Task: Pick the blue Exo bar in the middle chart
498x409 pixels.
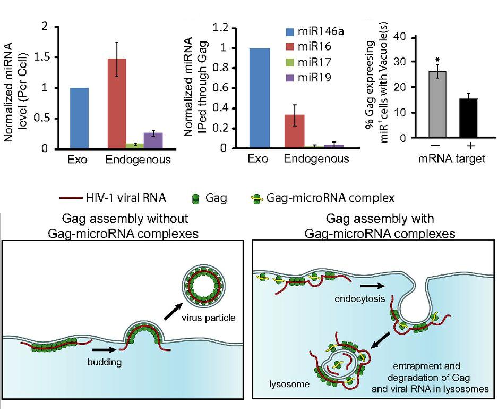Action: pyautogui.click(x=259, y=98)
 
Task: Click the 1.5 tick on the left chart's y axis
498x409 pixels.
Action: pyautogui.click(x=47, y=57)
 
